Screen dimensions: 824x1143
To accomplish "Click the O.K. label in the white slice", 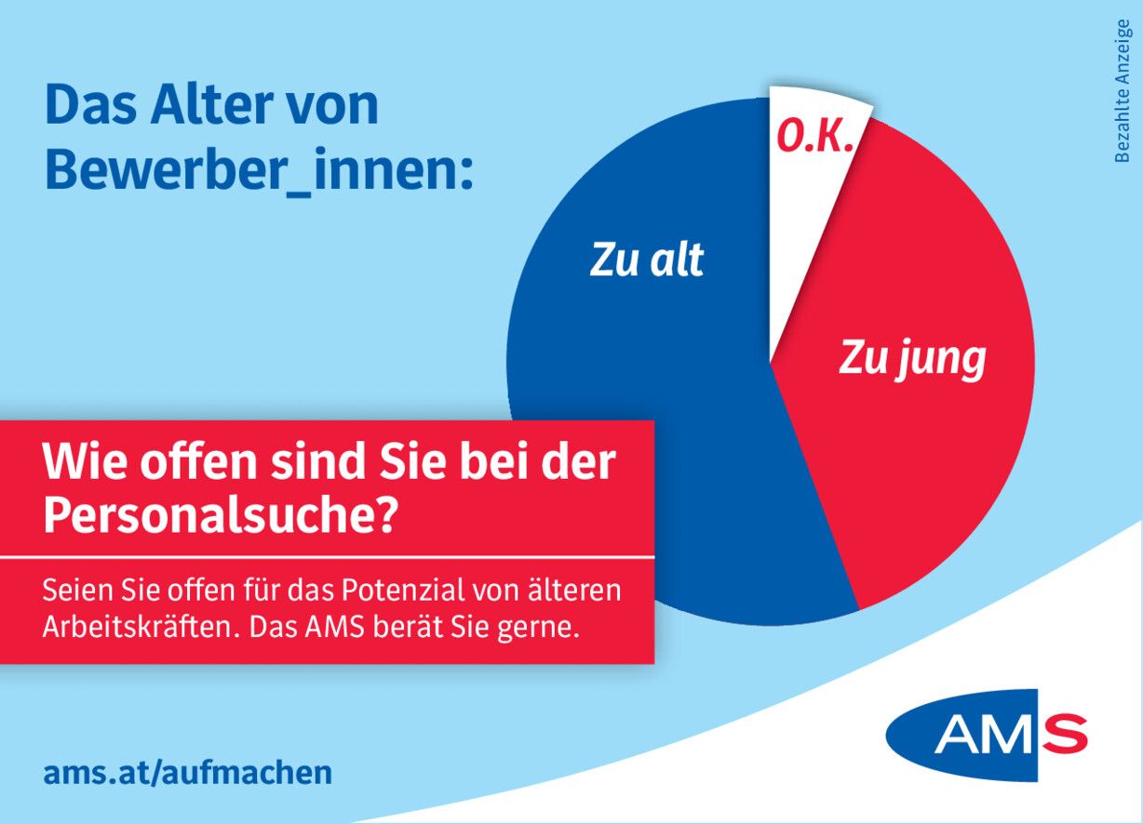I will [816, 137].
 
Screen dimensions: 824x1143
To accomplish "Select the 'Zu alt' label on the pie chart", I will [647, 261].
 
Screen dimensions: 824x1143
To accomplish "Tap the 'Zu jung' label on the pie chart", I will [912, 358].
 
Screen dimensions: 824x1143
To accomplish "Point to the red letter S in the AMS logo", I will [1064, 735].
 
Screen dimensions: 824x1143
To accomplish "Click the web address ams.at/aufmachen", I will [187, 772].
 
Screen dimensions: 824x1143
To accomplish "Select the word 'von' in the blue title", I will [338, 106].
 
